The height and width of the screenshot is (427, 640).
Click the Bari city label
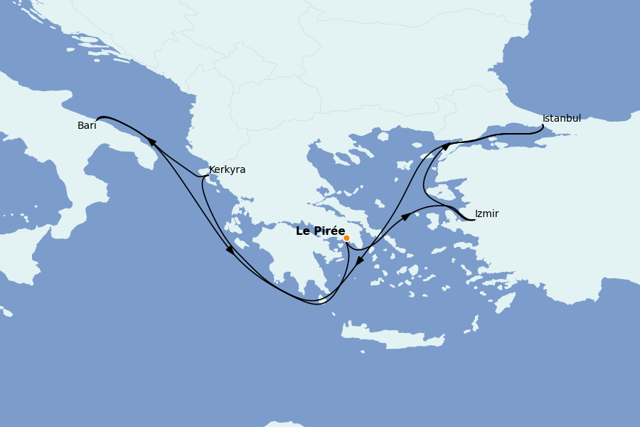(x=87, y=126)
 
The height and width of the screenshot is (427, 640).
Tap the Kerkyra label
(x=227, y=170)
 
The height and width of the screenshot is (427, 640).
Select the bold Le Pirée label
(x=320, y=231)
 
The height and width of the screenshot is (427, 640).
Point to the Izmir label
(x=486, y=214)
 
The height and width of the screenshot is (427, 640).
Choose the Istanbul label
(x=561, y=119)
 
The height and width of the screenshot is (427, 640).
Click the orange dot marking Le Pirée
(x=346, y=238)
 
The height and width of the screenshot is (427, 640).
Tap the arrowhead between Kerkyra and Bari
(x=152, y=142)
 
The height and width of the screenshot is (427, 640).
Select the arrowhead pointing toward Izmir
(x=405, y=216)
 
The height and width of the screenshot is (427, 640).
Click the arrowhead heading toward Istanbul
(x=446, y=147)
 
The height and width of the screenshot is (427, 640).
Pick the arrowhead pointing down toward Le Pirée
(x=360, y=261)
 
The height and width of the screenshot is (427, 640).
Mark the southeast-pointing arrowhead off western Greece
(x=230, y=250)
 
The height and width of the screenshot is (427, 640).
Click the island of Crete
(x=391, y=336)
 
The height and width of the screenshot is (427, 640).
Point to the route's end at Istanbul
(x=543, y=126)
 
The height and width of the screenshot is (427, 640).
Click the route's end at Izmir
(x=474, y=220)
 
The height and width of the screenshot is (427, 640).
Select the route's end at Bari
(x=97, y=119)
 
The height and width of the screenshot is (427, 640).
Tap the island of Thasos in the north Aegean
(x=383, y=136)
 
